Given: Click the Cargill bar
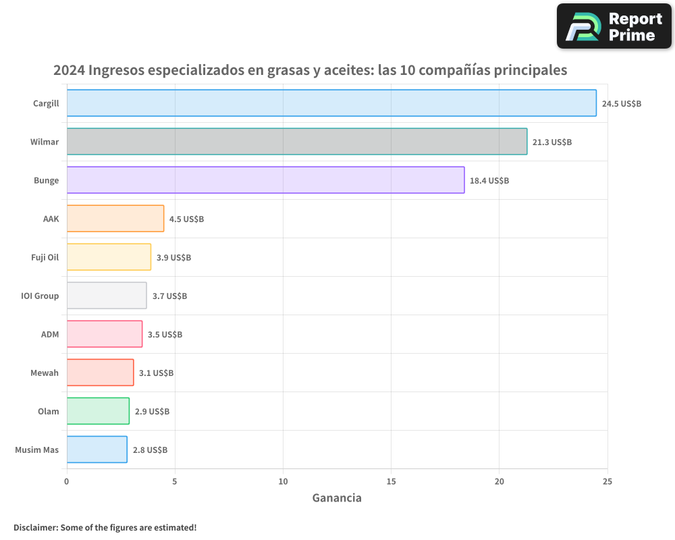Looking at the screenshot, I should (x=331, y=103).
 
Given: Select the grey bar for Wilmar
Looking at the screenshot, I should (x=297, y=142).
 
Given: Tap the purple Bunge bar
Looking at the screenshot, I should (x=265, y=180).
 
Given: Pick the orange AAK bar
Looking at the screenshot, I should (x=115, y=219).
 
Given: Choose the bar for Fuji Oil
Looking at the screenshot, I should (x=109, y=257).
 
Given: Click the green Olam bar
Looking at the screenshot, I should (x=98, y=411).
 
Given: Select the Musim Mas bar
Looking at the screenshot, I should (x=97, y=450).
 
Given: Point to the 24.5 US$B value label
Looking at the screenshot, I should (x=621, y=104).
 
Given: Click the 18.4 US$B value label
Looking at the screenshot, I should (x=489, y=181).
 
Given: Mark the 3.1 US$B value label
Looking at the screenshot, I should (x=156, y=373).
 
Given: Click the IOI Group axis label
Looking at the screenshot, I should (x=40, y=296).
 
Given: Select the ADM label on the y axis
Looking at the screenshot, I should (x=50, y=334).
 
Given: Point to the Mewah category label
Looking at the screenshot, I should (x=45, y=373).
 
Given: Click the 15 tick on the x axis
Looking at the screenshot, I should (x=391, y=481).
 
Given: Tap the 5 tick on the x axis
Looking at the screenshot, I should (x=175, y=481).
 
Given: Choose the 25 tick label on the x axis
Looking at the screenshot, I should (x=607, y=481).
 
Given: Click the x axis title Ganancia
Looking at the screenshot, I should (x=337, y=498).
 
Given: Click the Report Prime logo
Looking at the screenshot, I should (x=614, y=26).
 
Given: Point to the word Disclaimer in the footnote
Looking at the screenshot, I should (x=35, y=528).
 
